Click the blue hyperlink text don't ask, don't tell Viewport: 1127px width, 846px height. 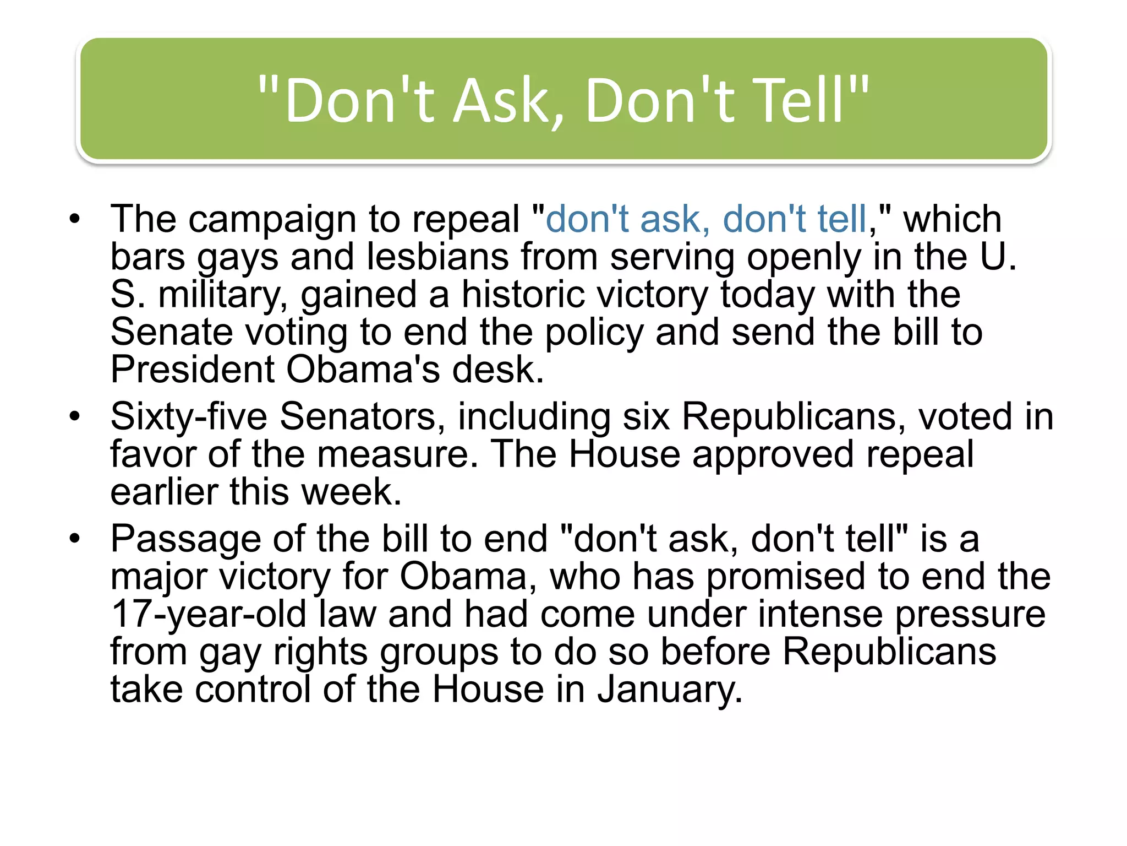tap(706, 219)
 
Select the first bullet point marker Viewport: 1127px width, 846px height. tap(75, 220)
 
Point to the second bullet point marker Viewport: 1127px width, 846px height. tap(75, 417)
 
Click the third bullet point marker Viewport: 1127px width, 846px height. tap(75, 539)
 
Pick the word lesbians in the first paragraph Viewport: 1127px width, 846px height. tap(438, 257)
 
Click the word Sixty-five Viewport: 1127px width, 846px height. tap(188, 417)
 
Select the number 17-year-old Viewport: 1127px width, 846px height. tap(209, 614)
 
